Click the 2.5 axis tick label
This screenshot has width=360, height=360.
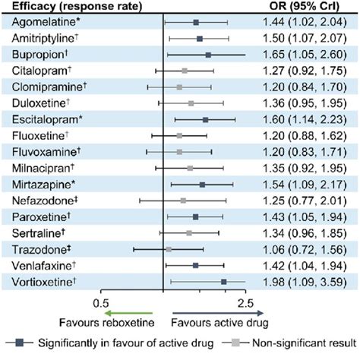(245, 302)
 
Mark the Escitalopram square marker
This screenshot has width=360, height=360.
(205, 119)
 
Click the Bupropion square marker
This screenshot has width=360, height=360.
(208, 55)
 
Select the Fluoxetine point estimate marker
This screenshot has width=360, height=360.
(179, 136)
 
